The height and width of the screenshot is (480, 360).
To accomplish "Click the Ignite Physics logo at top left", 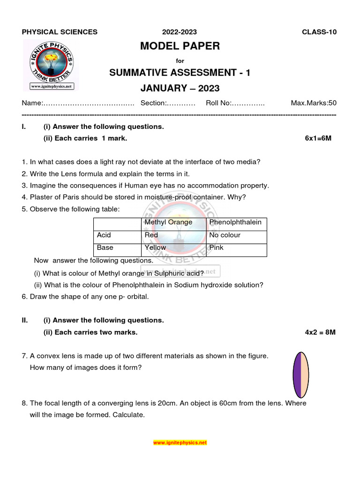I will (52, 65).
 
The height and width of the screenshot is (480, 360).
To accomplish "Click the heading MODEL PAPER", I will (180, 46).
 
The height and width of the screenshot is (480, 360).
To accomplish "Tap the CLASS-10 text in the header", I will (319, 32).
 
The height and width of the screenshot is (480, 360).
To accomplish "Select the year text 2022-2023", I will (180, 32).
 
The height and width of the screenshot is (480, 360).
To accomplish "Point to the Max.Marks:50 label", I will (314, 103).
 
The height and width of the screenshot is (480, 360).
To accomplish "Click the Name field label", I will (33, 103).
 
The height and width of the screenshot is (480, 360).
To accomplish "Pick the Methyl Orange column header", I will (168, 222).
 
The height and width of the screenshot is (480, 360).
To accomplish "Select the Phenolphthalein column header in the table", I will (235, 222).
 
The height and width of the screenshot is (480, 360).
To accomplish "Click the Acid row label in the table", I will (104, 235).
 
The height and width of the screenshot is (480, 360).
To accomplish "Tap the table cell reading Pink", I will (217, 247).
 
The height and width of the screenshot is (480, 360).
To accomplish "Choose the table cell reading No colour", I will (225, 235).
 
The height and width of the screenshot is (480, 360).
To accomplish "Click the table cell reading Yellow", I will (155, 247).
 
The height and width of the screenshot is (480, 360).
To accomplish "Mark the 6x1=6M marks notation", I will (318, 139).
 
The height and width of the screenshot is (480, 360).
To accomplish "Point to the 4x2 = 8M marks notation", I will (320, 332).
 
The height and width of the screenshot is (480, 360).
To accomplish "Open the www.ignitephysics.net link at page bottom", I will (180, 442).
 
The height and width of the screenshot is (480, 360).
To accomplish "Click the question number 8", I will (24, 403).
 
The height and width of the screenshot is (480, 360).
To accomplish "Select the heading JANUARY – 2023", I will (180, 88).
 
